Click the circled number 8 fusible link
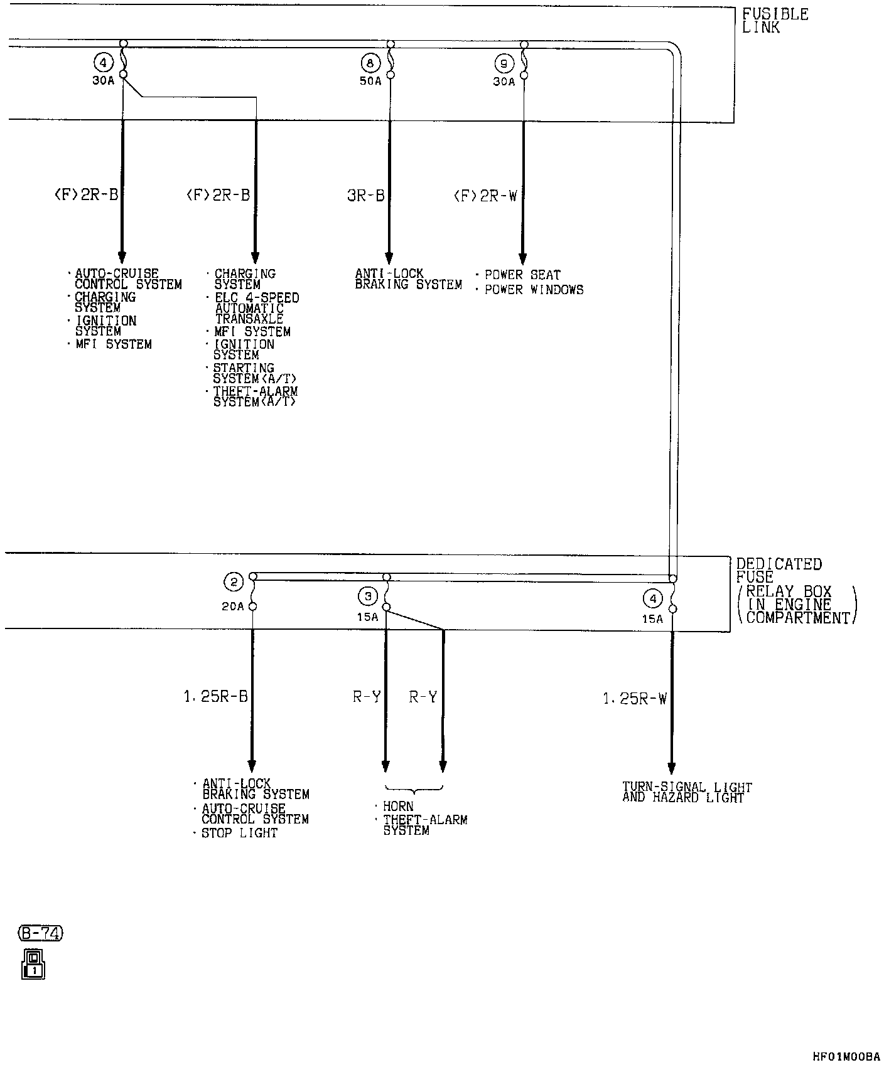click(x=370, y=63)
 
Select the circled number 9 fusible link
click(x=504, y=63)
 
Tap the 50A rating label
click(x=370, y=81)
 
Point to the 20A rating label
click(x=232, y=607)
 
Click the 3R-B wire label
click(x=365, y=196)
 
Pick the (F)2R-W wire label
click(x=485, y=196)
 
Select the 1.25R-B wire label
click(x=215, y=696)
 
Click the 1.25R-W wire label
click(x=635, y=698)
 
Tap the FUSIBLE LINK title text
click(x=775, y=21)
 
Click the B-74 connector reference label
click(x=41, y=933)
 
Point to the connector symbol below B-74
click(x=33, y=964)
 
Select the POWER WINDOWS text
click(x=534, y=290)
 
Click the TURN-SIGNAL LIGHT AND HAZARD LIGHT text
click(x=687, y=792)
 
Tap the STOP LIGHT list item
click(x=239, y=833)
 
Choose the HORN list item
click(x=398, y=806)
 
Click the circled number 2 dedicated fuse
click(x=234, y=583)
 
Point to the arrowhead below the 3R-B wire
click(x=389, y=258)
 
